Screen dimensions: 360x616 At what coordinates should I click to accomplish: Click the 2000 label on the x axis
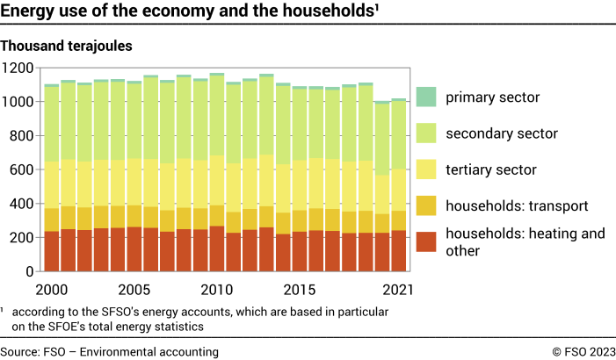52,289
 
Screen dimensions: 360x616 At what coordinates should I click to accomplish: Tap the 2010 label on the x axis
216,289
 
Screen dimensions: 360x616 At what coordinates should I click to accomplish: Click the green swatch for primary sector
426,97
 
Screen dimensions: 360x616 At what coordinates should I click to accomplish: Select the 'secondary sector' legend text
502,133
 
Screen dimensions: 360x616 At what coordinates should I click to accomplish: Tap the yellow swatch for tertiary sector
426,169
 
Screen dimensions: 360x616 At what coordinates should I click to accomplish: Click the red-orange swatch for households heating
426,241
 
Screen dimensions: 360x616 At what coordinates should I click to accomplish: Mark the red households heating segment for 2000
52,251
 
